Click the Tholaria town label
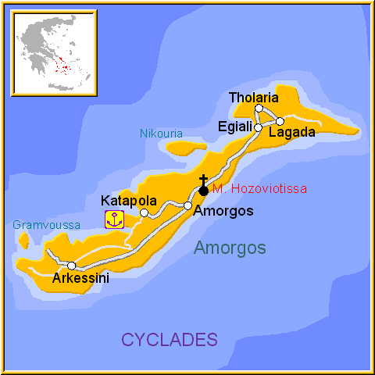tap(255, 98)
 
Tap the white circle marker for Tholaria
tap(259, 109)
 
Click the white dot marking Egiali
tap(258, 127)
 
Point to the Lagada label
tap(291, 133)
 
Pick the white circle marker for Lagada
tap(280, 121)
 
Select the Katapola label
tap(129, 200)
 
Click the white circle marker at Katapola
tap(144, 212)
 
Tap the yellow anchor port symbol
tap(114, 220)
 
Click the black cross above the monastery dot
tap(203, 180)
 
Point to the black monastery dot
tap(203, 191)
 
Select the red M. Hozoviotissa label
tap(259, 189)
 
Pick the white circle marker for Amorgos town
tap(187, 205)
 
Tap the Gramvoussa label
tap(46, 225)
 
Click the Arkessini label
tap(80, 278)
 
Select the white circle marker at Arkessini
tap(71, 266)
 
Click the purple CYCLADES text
tap(169, 339)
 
